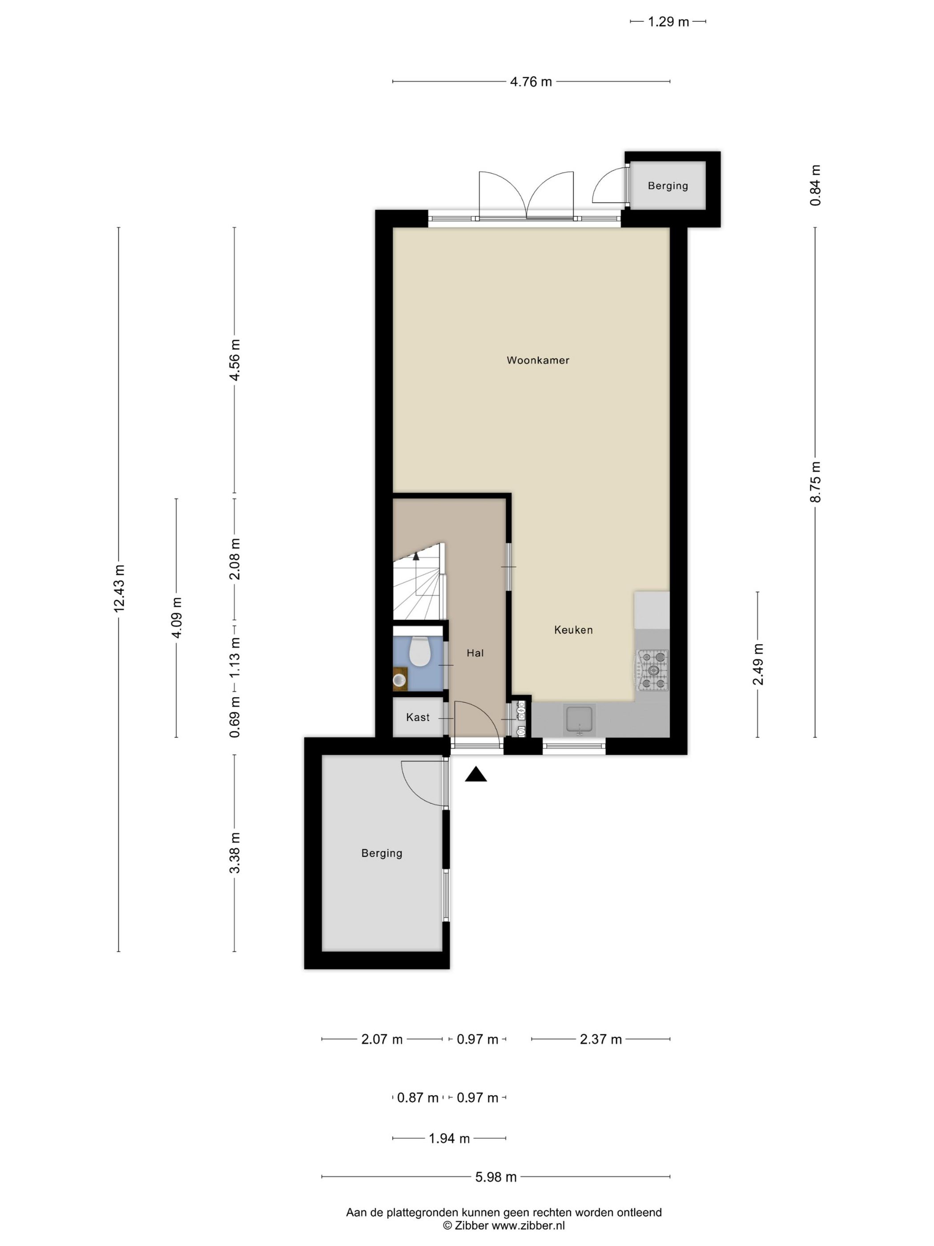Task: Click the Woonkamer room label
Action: pos(538,360)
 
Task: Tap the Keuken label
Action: pos(573,630)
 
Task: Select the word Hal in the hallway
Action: pos(475,653)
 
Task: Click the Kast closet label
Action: pos(418,717)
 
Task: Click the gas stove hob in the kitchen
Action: pos(652,670)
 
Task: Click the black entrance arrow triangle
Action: pos(476,775)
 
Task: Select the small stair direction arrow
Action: pos(416,556)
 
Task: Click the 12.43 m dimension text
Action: pos(119,588)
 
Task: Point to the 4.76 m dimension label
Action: pos(531,82)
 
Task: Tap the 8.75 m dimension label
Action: pos(816,481)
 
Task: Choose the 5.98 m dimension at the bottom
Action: pos(496,1177)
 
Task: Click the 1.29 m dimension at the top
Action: pos(668,22)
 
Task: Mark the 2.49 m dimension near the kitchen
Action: pos(758,665)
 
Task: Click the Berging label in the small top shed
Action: pos(668,186)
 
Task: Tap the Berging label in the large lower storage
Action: pos(382,854)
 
